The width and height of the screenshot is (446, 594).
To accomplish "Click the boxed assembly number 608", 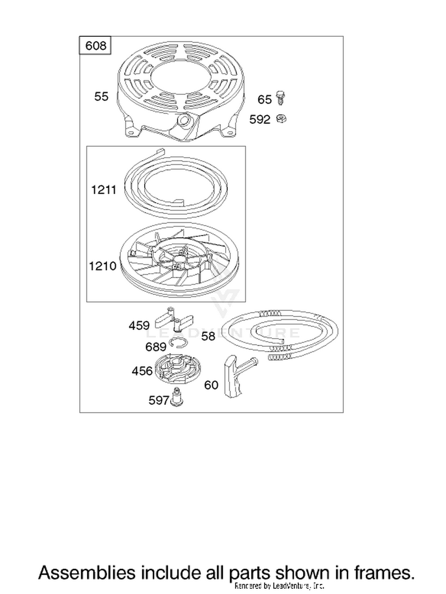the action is click(x=95, y=46).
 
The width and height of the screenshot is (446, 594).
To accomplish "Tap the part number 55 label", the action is click(x=101, y=97).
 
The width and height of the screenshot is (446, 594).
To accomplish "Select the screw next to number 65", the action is click(x=280, y=98).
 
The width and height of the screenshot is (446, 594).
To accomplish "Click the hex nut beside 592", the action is click(x=281, y=119).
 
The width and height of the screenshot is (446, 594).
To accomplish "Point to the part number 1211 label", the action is click(x=103, y=190).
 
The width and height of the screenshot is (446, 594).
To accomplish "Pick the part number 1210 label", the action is click(x=103, y=266).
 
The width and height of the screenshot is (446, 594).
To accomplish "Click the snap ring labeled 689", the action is click(x=178, y=342).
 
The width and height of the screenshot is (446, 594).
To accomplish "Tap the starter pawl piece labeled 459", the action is click(x=174, y=320).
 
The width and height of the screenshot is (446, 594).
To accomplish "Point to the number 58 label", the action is click(x=208, y=336).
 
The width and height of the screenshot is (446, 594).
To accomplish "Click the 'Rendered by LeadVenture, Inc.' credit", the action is click(x=279, y=585).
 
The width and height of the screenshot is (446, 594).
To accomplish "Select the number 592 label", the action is click(x=260, y=119).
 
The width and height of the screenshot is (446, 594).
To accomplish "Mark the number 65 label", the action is click(x=265, y=100).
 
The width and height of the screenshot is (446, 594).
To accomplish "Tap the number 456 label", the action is click(x=142, y=371).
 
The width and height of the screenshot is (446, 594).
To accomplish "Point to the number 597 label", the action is click(x=159, y=400).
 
